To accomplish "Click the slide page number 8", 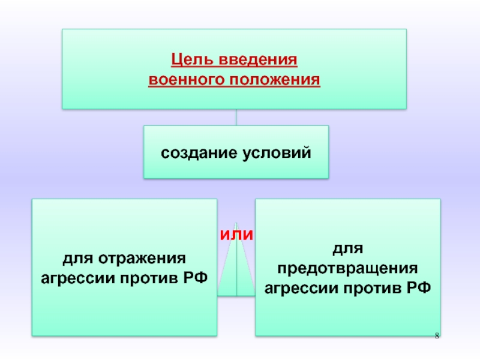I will tap(437, 334).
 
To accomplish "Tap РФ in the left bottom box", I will tap(196, 278).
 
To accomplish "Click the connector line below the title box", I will tap(236, 117).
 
